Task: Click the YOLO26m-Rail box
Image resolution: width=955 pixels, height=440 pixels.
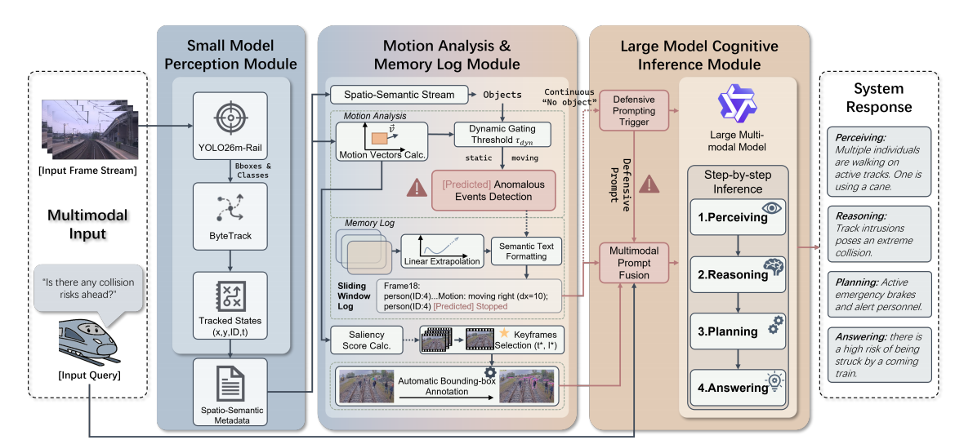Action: [x=230, y=129]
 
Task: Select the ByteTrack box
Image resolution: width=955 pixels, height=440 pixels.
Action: [x=230, y=216]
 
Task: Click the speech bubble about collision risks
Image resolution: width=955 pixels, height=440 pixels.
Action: [x=87, y=288]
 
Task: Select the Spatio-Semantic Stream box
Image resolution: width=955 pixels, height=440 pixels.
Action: [x=398, y=95]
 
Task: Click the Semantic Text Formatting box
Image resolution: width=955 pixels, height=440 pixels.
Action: [x=526, y=251]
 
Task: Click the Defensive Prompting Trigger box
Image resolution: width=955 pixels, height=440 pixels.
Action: [x=634, y=109]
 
